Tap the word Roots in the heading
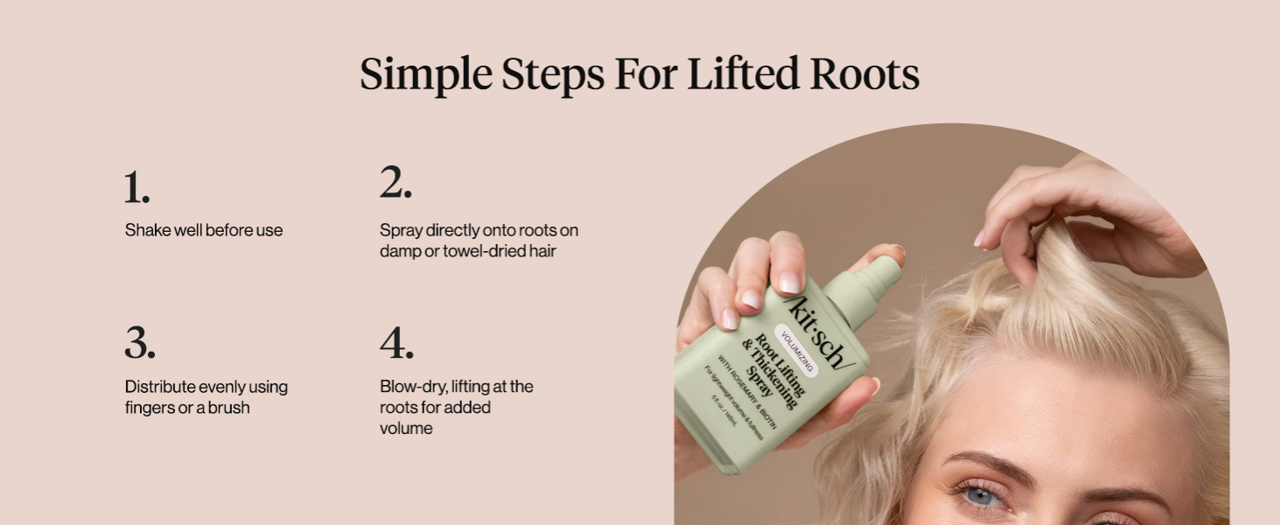(x=864, y=75)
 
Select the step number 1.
(x=136, y=187)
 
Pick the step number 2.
(x=395, y=184)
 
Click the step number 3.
(x=139, y=343)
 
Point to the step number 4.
(x=396, y=343)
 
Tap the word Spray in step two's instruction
(x=401, y=231)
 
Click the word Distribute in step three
(x=160, y=387)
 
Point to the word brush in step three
(x=228, y=408)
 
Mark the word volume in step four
(x=406, y=429)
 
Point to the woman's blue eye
(x=982, y=496)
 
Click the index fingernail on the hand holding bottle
(x=788, y=282)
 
